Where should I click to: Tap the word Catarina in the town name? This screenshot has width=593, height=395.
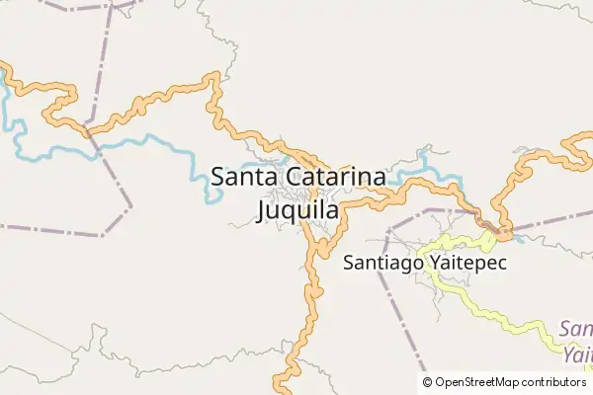click(337, 178)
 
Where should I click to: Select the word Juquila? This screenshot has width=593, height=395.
click(297, 210)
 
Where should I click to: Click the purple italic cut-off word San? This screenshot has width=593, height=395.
click(576, 328)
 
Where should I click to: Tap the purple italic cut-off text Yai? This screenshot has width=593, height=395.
click(578, 352)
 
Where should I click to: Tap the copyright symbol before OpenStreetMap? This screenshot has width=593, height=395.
click(428, 382)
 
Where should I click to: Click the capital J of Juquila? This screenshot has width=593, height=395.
click(262, 210)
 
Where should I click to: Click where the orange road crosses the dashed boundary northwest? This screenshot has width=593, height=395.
click(87, 130)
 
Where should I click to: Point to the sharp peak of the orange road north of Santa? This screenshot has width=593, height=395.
click(211, 77)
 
